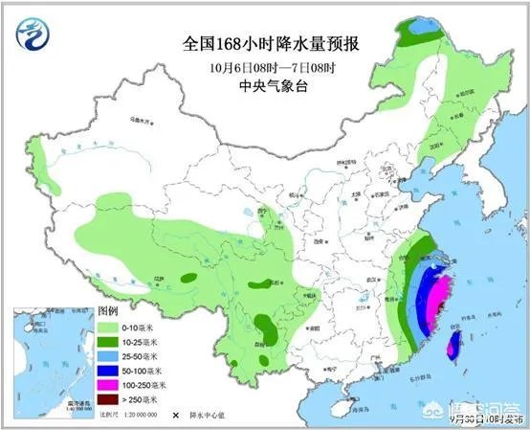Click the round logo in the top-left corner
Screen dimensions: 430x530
coord(28,35)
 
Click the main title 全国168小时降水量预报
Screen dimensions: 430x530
coord(265,44)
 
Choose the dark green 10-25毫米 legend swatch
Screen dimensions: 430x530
coord(107,342)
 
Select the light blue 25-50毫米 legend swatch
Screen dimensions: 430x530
coord(107,355)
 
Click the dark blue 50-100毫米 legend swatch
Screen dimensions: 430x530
coord(107,369)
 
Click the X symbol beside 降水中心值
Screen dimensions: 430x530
coord(175,416)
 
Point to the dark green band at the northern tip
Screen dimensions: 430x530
coord(416,34)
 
